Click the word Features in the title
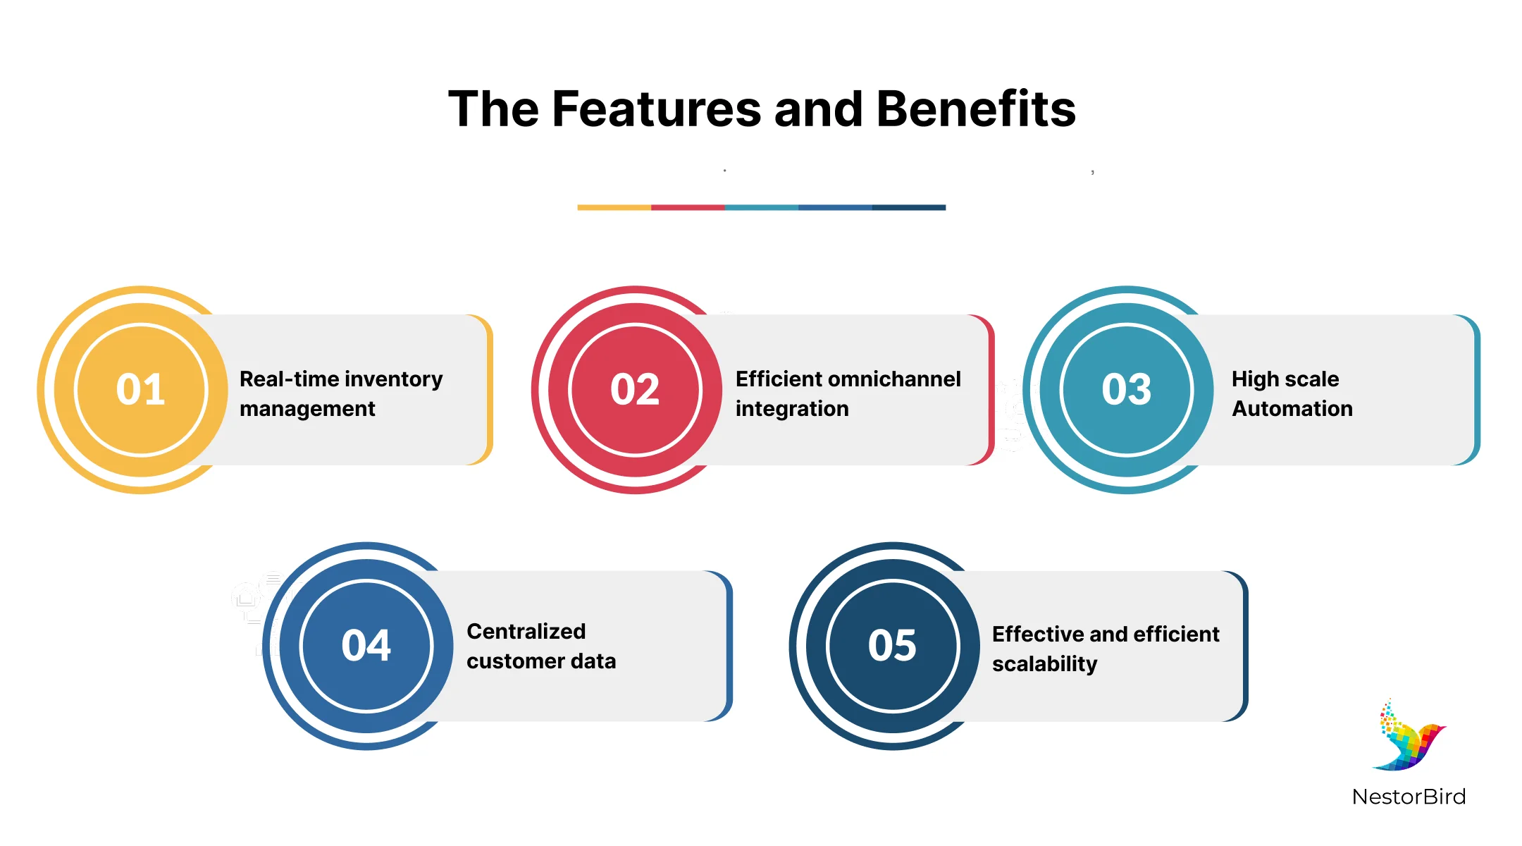pyautogui.click(x=657, y=109)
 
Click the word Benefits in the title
pyautogui.click(x=976, y=109)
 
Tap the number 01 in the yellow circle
pyautogui.click(x=141, y=389)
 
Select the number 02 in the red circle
pyautogui.click(x=635, y=389)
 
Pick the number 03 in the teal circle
pyautogui.click(x=1126, y=389)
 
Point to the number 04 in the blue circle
pyautogui.click(x=366, y=645)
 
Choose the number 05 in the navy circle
pyautogui.click(x=892, y=645)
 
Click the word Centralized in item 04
pyautogui.click(x=526, y=631)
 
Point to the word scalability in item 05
pyautogui.click(x=1044, y=664)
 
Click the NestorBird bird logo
pyautogui.click(x=1409, y=735)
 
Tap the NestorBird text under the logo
pyautogui.click(x=1409, y=797)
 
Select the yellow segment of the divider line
pyautogui.click(x=614, y=207)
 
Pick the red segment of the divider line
pyautogui.click(x=688, y=207)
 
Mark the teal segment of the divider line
pyautogui.click(x=762, y=207)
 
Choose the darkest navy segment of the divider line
pyautogui.click(x=909, y=207)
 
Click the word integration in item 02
pyautogui.click(x=792, y=409)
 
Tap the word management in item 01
pyautogui.click(x=307, y=409)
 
